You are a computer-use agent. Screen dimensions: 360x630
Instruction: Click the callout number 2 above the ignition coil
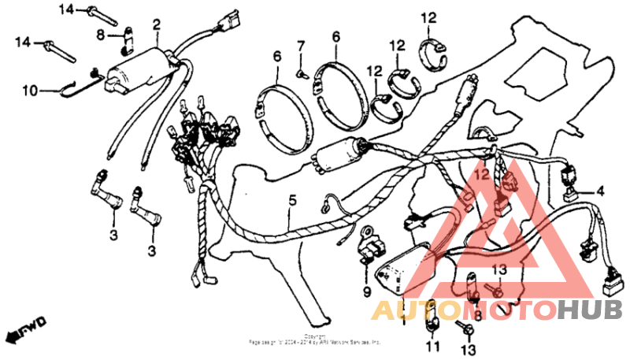[156, 24]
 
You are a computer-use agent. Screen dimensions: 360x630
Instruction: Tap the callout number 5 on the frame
[292, 202]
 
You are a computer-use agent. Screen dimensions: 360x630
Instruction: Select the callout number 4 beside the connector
[600, 190]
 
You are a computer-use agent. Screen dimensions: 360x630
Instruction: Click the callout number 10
[29, 91]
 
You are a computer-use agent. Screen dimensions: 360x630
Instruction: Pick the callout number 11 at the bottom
[432, 347]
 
